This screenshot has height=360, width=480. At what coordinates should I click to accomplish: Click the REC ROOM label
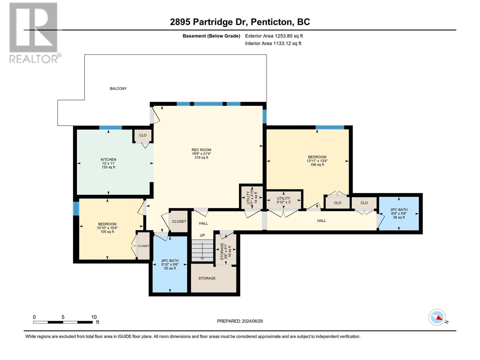[x=201, y=150]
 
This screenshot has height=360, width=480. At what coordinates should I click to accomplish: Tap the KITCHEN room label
[x=109, y=160]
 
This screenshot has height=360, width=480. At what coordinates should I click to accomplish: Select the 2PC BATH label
[x=399, y=210]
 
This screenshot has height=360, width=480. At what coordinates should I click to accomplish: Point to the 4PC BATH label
[x=170, y=260]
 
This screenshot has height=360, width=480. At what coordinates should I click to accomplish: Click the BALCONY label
[x=118, y=88]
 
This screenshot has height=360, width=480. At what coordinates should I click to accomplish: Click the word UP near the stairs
[x=202, y=235]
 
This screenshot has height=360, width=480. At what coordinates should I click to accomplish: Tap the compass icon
[x=437, y=317]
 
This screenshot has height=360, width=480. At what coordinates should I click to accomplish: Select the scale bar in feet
[x=63, y=322]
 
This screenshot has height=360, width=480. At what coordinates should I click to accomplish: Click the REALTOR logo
[x=34, y=33]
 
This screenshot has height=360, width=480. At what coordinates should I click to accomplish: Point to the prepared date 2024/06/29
[x=252, y=321]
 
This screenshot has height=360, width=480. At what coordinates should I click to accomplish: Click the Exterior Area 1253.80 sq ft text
[x=274, y=36]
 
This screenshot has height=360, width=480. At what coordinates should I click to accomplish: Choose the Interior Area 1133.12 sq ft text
[x=273, y=43]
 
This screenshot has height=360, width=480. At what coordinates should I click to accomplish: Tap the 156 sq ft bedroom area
[x=317, y=165]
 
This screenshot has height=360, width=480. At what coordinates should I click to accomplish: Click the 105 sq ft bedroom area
[x=107, y=232]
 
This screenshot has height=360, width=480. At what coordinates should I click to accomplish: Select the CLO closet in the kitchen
[x=143, y=135]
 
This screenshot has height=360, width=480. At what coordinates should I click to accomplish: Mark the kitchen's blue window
[x=110, y=128]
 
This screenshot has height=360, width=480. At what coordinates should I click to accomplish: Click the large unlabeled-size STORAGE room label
[x=207, y=278]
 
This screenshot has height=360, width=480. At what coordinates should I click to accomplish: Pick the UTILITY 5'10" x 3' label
[x=283, y=200]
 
